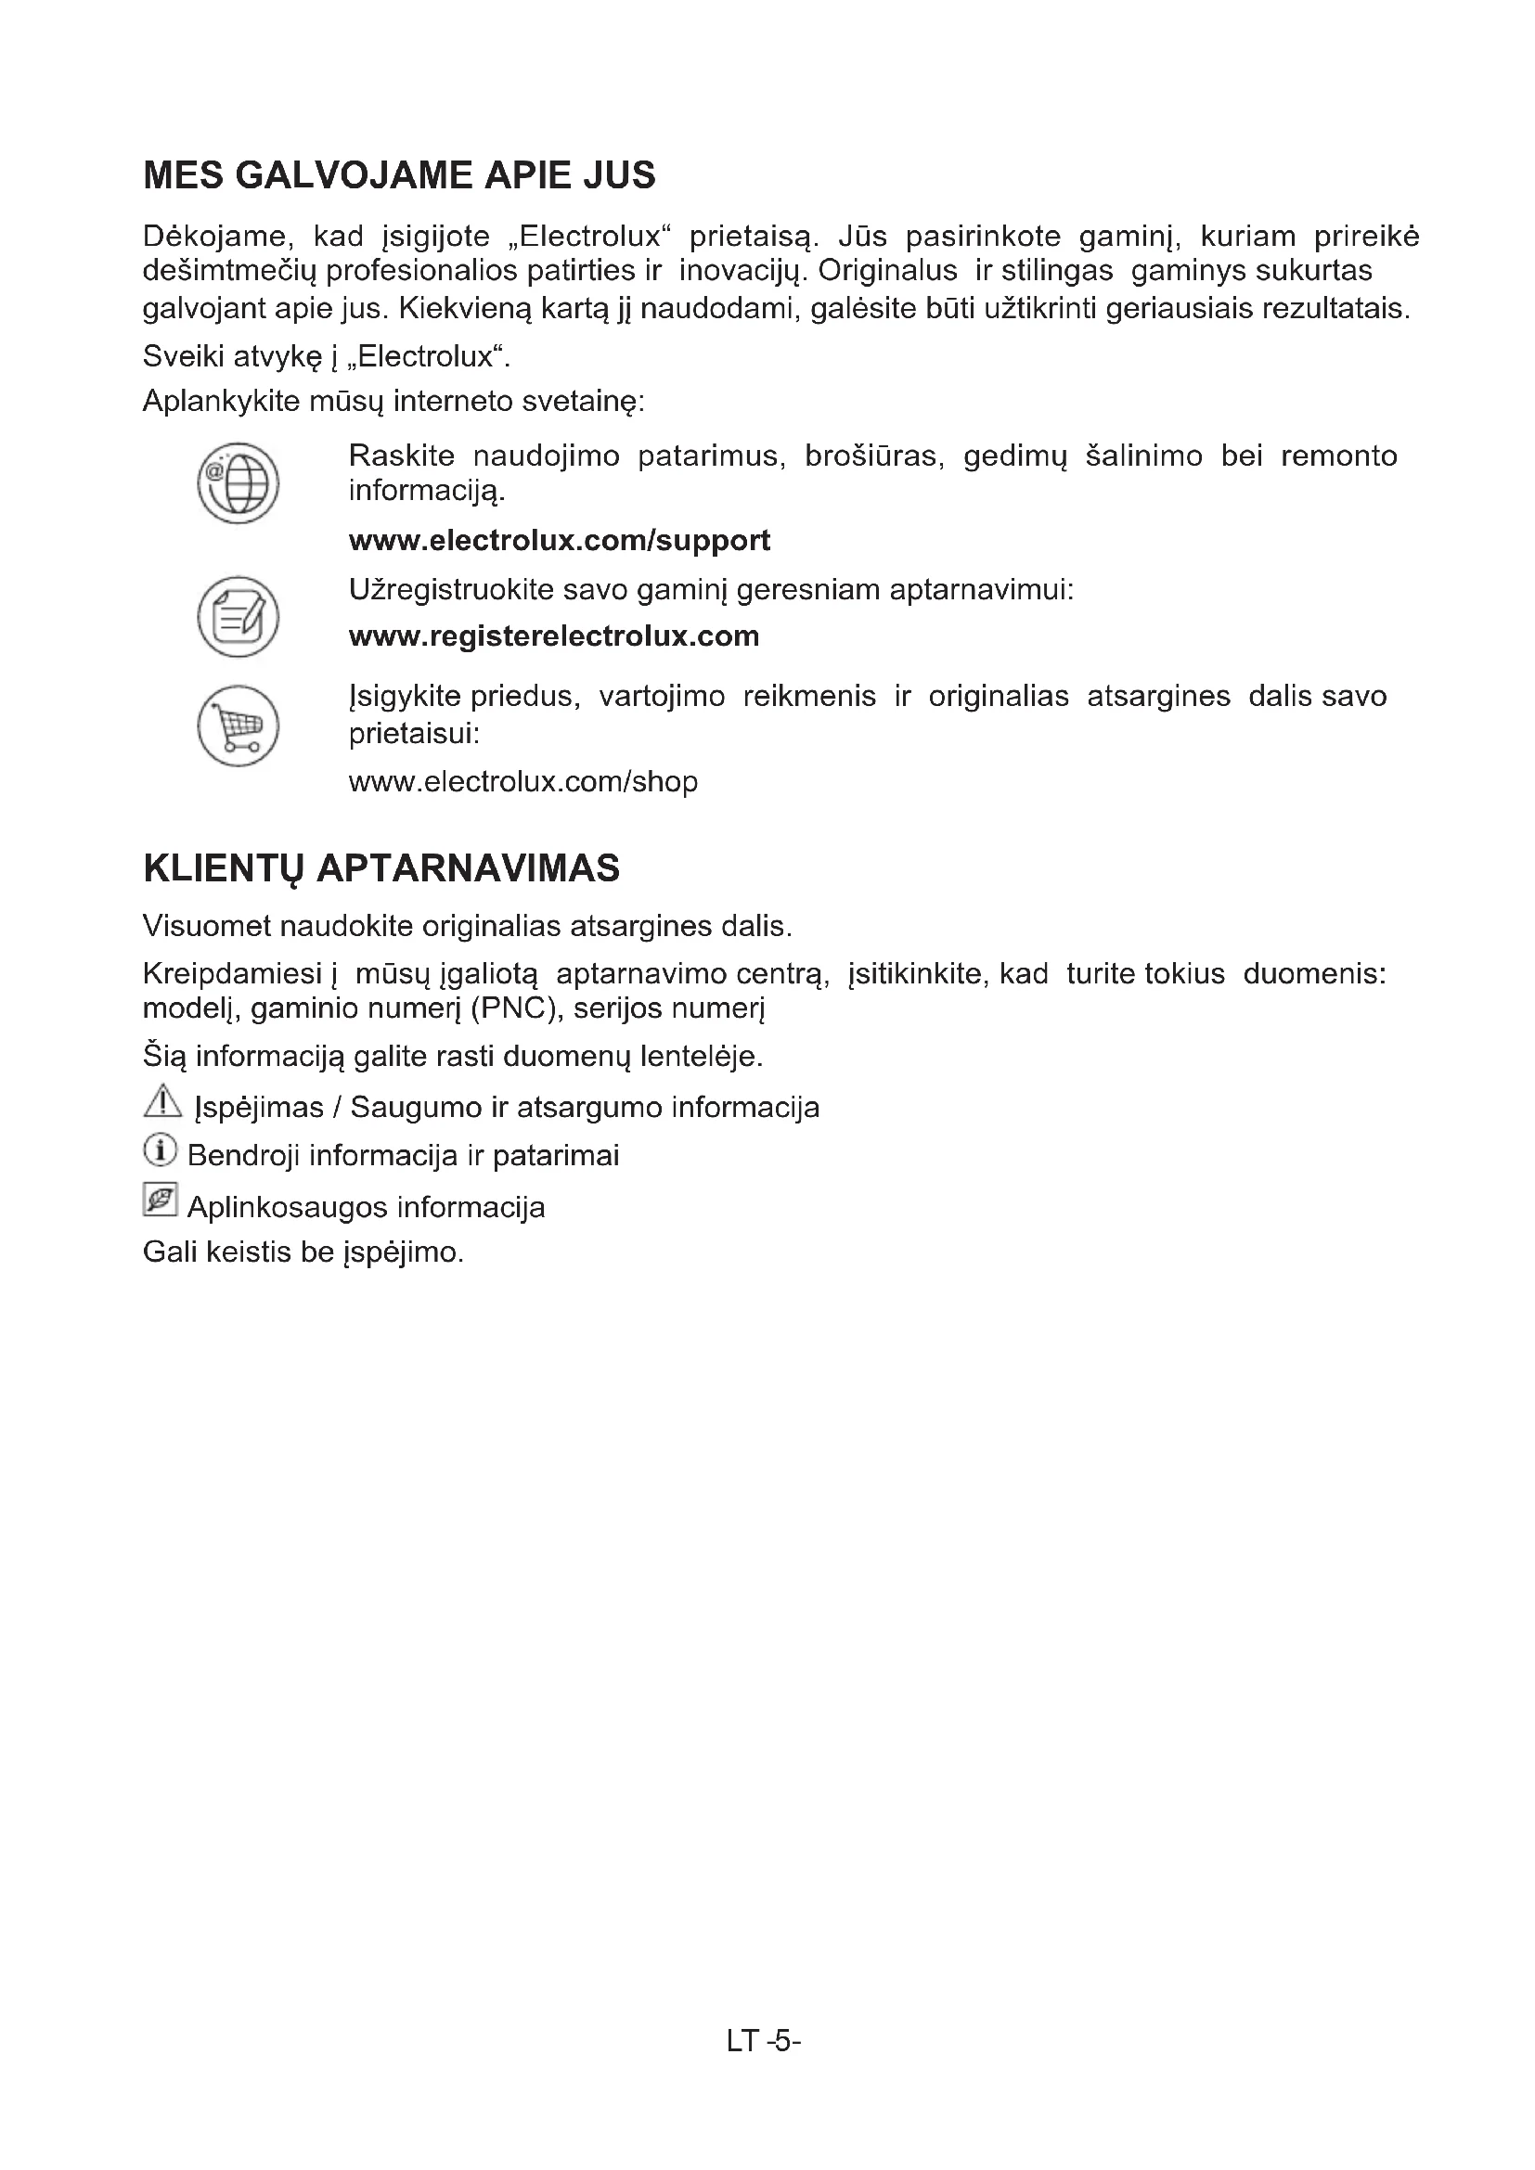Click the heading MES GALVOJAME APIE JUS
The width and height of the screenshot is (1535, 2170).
[x=399, y=175]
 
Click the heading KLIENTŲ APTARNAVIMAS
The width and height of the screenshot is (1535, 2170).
[x=381, y=867]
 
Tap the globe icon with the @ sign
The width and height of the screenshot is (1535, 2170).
[x=239, y=483]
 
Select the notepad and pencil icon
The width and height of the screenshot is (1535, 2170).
[x=239, y=617]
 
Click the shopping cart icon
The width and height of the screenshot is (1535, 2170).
[x=239, y=725]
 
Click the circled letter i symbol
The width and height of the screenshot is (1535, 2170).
[x=161, y=1151]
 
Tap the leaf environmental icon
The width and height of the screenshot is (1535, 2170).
[x=161, y=1200]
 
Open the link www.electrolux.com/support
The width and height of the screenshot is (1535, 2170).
[x=560, y=541]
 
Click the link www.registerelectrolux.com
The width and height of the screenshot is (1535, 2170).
[x=554, y=636]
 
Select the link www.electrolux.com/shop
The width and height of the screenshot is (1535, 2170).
[x=523, y=781]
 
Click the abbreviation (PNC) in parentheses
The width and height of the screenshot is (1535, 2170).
[x=513, y=1009]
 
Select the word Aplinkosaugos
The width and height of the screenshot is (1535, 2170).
[x=288, y=1207]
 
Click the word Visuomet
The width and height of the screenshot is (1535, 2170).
[x=207, y=925]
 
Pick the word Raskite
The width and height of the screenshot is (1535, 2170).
[x=402, y=456]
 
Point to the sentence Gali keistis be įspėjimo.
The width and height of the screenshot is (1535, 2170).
[x=303, y=1252]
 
